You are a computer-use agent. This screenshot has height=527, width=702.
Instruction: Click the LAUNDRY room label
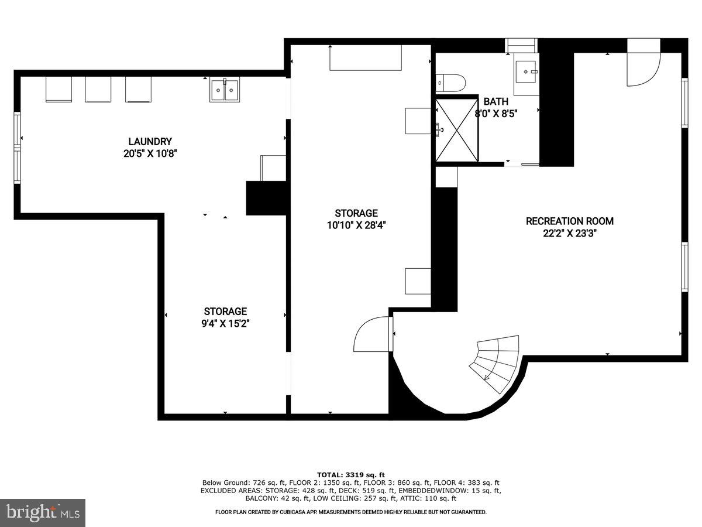point(150,141)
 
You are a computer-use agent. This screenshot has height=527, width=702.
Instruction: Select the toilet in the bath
point(450,83)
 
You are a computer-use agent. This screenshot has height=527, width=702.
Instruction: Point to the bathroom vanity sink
point(526,74)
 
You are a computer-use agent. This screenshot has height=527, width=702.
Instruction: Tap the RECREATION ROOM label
point(569,221)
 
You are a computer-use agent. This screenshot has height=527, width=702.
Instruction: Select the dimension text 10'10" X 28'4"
point(356,224)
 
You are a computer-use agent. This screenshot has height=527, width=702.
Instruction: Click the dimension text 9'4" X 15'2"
point(225,323)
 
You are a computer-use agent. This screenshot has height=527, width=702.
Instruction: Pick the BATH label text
point(495,101)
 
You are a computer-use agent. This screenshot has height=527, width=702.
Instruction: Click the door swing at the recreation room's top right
point(643,63)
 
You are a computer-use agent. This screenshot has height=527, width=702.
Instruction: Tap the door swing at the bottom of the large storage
point(371,334)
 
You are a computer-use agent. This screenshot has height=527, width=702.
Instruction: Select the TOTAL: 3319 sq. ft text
point(351,474)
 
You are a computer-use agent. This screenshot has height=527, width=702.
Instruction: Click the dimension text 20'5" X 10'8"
point(150,153)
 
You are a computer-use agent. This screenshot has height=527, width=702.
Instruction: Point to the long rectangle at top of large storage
point(366,58)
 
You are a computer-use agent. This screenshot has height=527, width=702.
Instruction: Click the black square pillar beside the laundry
point(266,198)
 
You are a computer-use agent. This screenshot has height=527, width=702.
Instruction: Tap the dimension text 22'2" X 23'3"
point(569,233)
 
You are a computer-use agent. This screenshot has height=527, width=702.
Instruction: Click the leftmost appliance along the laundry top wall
point(58,89)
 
